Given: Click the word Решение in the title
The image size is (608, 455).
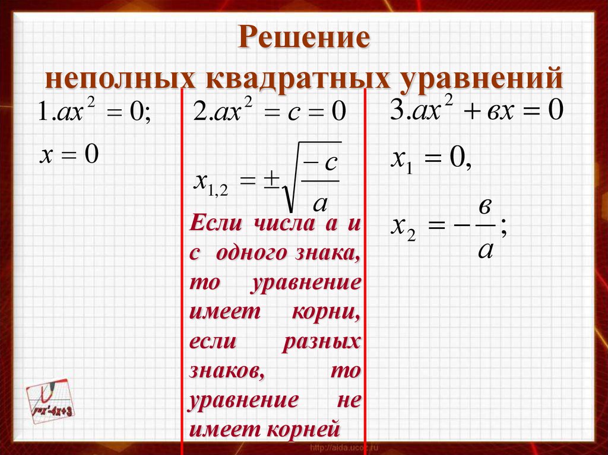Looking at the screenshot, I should pos(304,39).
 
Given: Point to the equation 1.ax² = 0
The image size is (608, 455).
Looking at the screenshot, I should pos(94,112).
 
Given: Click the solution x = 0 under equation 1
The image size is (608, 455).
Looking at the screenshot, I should pos(68,155).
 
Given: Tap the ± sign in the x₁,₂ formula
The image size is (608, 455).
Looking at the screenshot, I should pos(271,181).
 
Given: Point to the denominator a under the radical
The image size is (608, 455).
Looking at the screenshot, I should pos(319,203).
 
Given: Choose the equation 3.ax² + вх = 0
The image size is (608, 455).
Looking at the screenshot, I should pos(475,111).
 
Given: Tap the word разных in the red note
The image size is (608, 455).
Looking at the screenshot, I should pos(327,343).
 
